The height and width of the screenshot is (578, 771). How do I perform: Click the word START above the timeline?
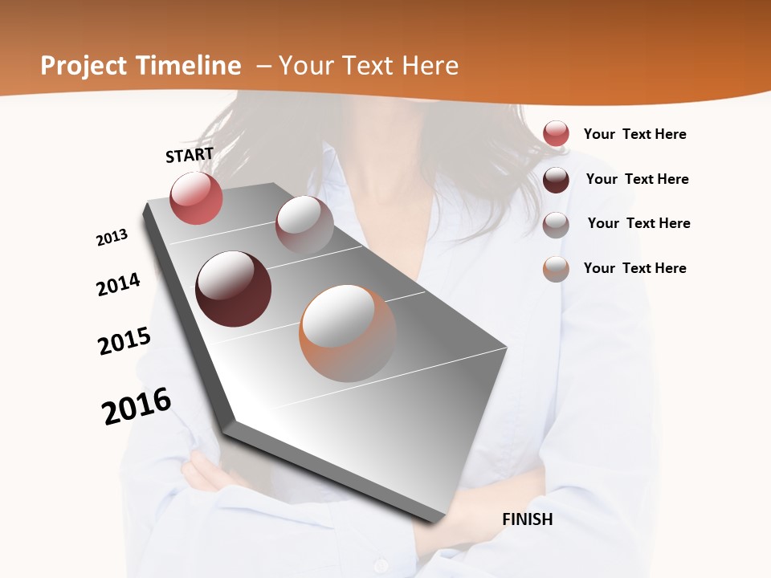(x=190, y=155)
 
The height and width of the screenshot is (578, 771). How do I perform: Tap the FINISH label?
(x=527, y=519)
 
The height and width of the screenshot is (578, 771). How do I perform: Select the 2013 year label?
(x=112, y=238)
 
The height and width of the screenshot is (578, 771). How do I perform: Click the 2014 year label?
(x=118, y=285)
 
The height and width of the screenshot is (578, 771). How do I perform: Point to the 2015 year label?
(x=124, y=341)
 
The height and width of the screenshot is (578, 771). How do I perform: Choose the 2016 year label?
(x=137, y=406)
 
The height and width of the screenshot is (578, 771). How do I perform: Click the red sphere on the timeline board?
(x=196, y=197)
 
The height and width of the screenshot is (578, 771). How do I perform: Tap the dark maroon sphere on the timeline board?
(x=233, y=289)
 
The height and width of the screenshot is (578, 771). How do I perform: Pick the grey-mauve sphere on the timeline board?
(x=304, y=225)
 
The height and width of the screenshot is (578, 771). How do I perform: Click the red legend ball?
(x=556, y=134)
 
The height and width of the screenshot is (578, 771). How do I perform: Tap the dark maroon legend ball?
(x=556, y=180)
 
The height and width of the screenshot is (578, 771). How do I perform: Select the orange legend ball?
(x=556, y=270)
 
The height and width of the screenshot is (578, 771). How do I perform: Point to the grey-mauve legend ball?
(x=556, y=225)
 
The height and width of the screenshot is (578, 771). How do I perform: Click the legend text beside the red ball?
(x=634, y=134)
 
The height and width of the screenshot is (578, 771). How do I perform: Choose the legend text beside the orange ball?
(x=634, y=268)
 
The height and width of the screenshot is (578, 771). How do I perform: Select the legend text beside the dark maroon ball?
(x=637, y=179)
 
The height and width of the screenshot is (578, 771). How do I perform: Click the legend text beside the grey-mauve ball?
(x=638, y=223)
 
